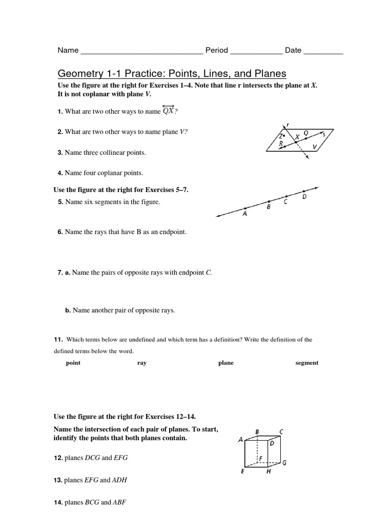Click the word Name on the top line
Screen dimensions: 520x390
[x=68, y=50]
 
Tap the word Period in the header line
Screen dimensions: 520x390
[x=216, y=50]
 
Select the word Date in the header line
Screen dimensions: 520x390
[x=293, y=50]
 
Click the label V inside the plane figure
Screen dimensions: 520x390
[x=315, y=147]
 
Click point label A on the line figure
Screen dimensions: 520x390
[x=245, y=214]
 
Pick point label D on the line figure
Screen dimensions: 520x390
[x=305, y=197]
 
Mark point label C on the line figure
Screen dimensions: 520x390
[x=286, y=202]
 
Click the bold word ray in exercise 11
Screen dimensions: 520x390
[x=142, y=363]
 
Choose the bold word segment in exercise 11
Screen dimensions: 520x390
[x=307, y=363]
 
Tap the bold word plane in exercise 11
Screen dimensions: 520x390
[x=225, y=363]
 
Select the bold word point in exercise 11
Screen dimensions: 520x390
[x=73, y=363]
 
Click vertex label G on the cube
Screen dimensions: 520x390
[x=284, y=463]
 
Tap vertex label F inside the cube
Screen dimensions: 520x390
[x=261, y=458]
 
